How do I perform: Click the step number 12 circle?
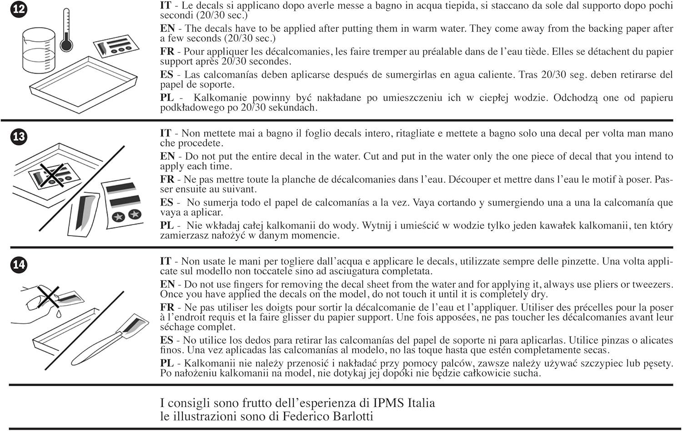click(19, 9)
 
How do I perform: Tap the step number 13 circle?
click(19, 137)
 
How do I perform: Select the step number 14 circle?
click(19, 264)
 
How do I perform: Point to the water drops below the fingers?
click(59, 313)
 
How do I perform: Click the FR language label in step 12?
click(167, 51)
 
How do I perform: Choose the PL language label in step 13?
click(167, 225)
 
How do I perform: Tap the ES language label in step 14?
click(167, 340)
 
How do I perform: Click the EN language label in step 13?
click(167, 156)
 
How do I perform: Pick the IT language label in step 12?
click(165, 5)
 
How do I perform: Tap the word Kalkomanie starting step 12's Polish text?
click(220, 98)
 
